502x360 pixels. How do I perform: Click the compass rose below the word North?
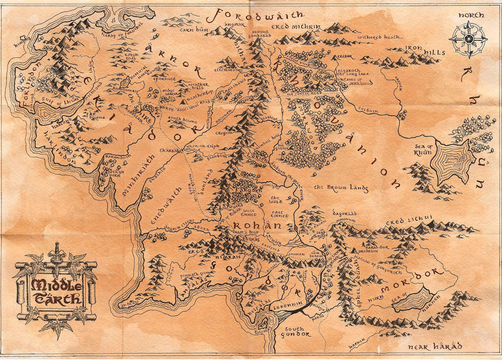(x=469, y=39)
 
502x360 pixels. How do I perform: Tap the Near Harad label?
(x=435, y=347)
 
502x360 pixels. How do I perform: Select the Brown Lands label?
(x=340, y=188)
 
